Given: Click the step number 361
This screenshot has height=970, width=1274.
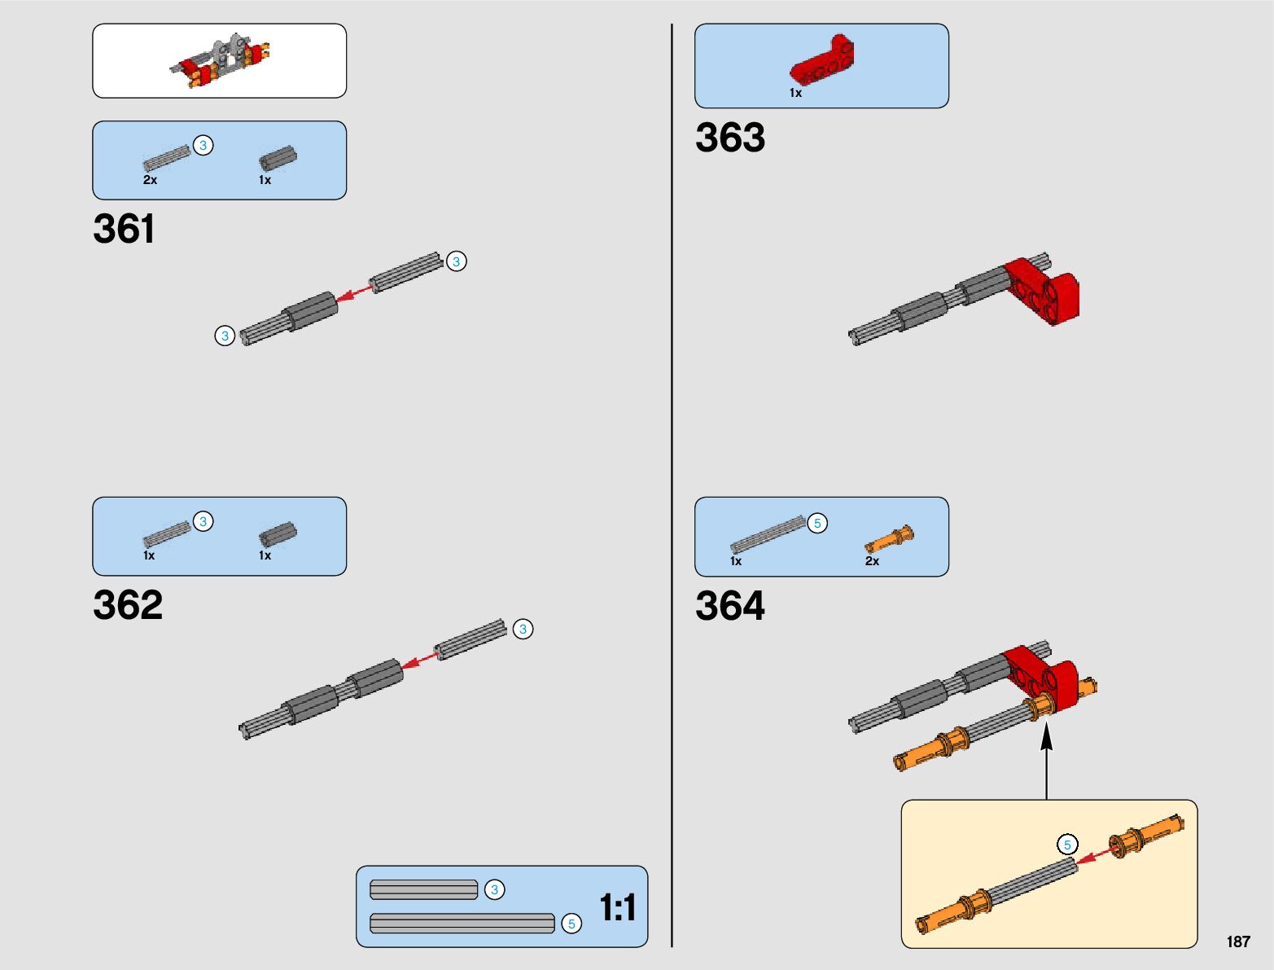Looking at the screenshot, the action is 124,229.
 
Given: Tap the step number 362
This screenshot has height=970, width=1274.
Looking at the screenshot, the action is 128,605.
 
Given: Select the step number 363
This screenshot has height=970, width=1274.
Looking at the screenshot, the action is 730,138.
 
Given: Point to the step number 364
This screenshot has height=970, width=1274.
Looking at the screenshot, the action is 730,606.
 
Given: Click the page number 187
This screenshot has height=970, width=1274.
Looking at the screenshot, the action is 1237,942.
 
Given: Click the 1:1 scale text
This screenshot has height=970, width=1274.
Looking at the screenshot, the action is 617,907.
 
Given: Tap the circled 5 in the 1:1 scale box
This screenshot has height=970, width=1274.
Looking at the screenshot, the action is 571,924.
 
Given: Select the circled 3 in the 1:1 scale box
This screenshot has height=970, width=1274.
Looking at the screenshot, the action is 494,890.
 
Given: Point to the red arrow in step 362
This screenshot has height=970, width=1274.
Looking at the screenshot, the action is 419,661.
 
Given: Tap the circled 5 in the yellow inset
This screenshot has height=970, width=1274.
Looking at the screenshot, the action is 1067,845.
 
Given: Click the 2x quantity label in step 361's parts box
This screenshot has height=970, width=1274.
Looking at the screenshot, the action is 150,180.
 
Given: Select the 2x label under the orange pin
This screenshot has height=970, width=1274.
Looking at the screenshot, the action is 872,561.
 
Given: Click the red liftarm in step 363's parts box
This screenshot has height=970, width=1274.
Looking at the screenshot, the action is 822,61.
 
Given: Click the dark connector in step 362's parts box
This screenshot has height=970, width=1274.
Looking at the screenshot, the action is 278,534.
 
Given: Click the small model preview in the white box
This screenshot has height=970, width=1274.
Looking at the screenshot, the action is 220,60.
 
